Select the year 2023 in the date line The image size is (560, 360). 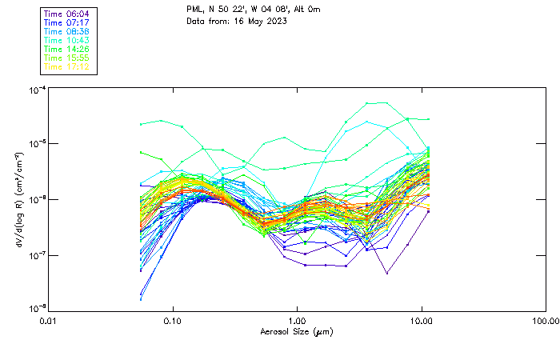[274, 21]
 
